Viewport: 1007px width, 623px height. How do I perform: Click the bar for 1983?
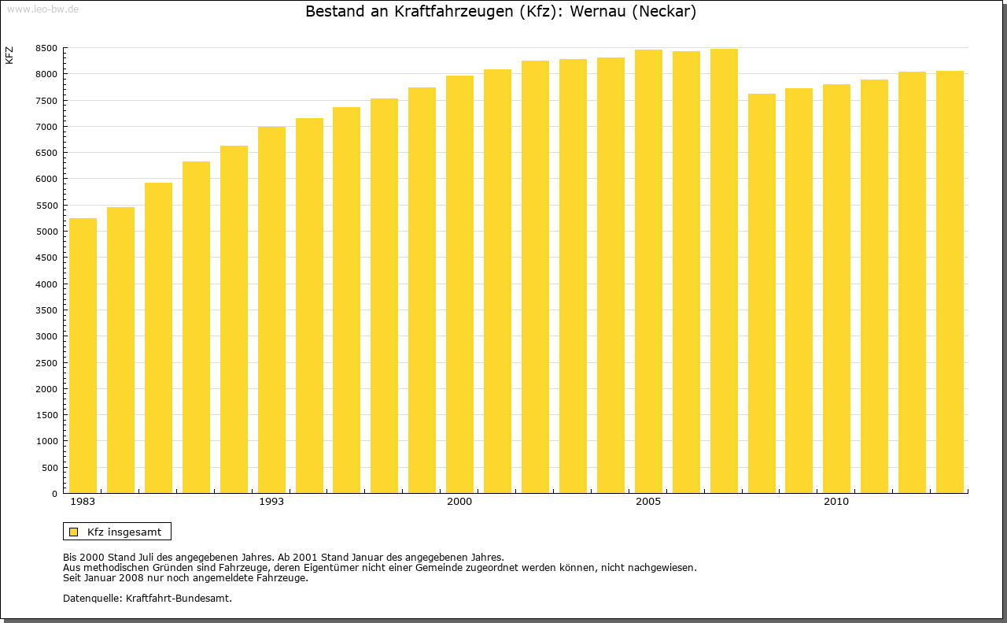click(83, 356)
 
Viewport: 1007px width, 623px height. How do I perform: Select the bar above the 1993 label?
click(271, 310)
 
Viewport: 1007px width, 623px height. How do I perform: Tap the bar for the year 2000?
click(459, 284)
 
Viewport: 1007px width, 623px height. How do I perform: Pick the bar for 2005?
click(648, 272)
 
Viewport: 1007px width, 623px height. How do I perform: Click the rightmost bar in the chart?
click(950, 282)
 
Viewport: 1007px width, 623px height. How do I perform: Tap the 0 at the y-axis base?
click(54, 494)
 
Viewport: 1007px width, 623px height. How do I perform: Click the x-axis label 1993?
click(271, 502)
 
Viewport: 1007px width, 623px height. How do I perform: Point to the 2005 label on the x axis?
click(648, 502)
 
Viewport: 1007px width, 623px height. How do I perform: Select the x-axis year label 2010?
click(836, 502)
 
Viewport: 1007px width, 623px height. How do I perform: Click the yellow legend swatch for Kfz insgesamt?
click(74, 532)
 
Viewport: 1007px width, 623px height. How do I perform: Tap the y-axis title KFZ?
click(9, 55)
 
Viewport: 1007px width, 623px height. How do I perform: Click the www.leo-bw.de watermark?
click(42, 9)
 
